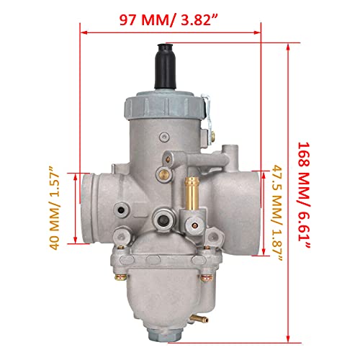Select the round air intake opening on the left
(x=96, y=208)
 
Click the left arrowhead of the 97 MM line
(x=81, y=31)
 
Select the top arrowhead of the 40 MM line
(x=75, y=175)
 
